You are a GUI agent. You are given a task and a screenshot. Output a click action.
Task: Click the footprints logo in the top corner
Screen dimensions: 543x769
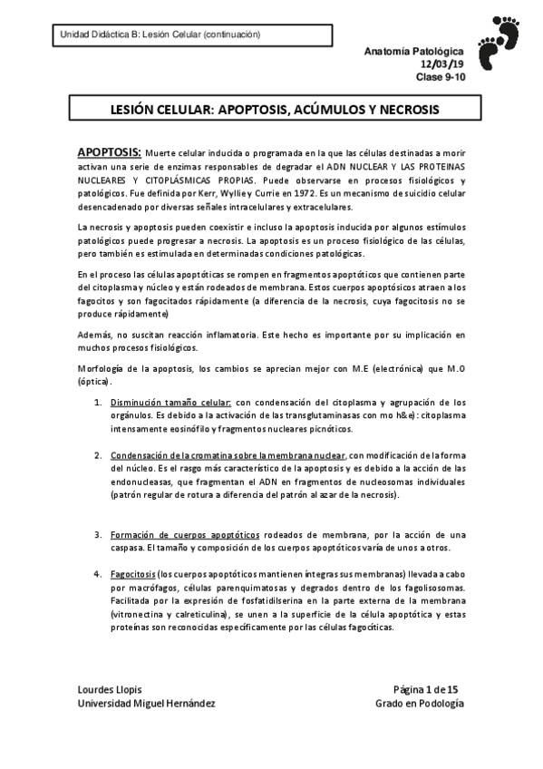coord(503,42)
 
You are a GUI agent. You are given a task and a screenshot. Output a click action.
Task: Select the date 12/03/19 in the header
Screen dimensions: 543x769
coord(443,65)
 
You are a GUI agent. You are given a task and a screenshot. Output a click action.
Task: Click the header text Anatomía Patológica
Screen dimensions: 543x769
coord(419,54)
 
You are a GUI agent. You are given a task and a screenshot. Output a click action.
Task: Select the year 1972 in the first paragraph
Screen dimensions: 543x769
coord(330,194)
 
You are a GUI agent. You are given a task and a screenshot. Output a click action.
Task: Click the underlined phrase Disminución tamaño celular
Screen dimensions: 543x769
coord(172,402)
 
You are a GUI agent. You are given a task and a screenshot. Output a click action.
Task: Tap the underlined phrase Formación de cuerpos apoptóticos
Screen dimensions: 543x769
coord(185,535)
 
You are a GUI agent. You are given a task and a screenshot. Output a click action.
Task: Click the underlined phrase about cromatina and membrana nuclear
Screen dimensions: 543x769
coord(228,455)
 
